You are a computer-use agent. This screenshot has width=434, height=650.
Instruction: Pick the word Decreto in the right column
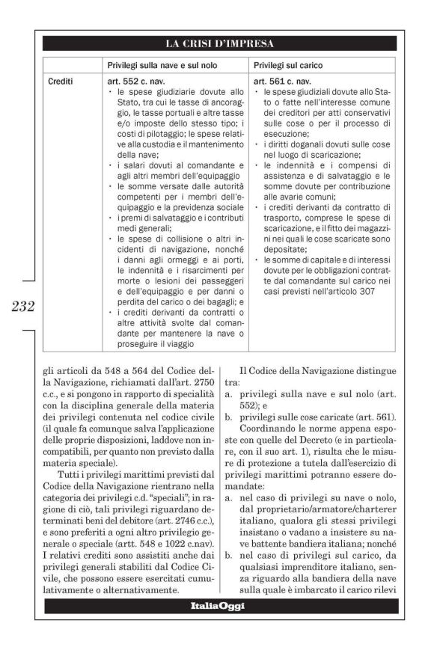coord(357,432)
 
